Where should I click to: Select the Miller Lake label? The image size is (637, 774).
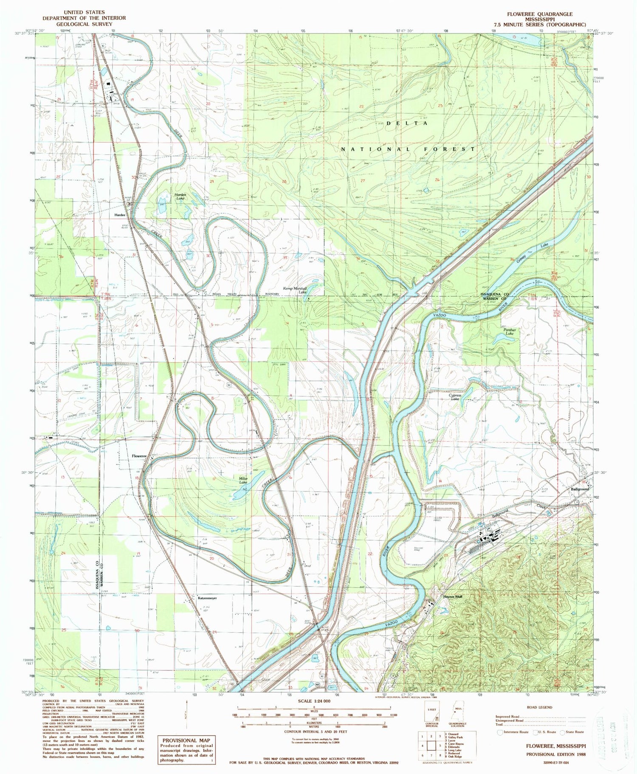coord(243,480)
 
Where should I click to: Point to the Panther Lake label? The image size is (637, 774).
coord(510,332)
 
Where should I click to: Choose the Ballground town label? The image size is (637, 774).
coord(580,489)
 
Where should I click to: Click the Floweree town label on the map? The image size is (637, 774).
coord(139,456)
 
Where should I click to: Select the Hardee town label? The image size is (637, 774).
coord(119,215)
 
